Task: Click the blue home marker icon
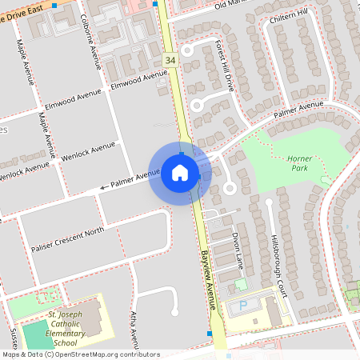coord(180,173)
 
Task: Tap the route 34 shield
coord(170,60)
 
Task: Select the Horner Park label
coord(299,164)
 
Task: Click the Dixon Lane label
coord(237,250)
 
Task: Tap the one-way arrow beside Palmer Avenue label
coord(104,189)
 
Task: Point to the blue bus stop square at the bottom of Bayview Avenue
coord(210,332)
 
